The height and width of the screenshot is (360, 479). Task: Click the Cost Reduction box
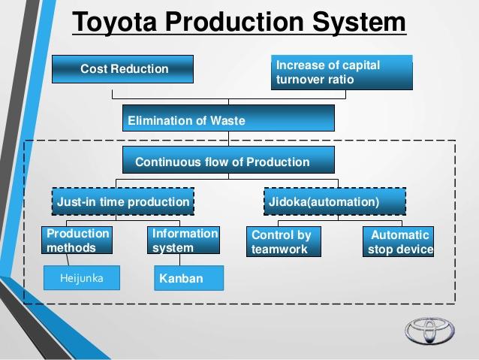[122, 69]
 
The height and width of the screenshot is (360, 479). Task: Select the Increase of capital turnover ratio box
[342, 73]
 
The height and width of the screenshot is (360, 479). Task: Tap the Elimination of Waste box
[228, 119]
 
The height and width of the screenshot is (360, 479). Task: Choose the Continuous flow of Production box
[228, 161]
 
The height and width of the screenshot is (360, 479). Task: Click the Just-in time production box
[123, 201]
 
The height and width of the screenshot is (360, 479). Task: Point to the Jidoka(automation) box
[335, 201]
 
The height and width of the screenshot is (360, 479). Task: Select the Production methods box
[77, 241]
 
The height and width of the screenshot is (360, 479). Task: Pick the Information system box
[184, 241]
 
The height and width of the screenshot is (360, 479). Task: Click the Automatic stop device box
[398, 242]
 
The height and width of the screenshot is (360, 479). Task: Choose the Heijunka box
[81, 278]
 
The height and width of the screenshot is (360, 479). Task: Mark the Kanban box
[188, 279]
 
